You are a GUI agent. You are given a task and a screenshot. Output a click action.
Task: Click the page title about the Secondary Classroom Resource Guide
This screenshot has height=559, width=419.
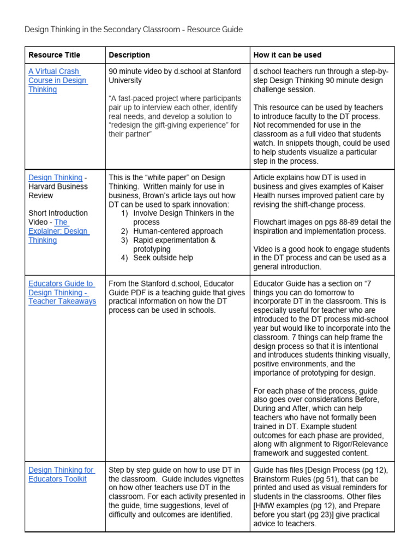(x=134, y=29)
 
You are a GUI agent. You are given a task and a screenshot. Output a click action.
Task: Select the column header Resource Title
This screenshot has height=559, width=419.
(x=54, y=55)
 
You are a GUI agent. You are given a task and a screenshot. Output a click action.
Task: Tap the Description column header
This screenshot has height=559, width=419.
(x=129, y=55)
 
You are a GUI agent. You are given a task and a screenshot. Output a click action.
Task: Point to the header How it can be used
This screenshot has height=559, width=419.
(x=287, y=55)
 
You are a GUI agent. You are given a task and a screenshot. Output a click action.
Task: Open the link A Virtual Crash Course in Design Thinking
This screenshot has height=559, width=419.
(x=57, y=80)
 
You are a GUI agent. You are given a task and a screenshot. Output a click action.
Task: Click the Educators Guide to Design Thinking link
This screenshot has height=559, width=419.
(x=62, y=292)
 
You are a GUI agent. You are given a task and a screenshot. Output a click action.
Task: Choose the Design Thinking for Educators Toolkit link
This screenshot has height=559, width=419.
(x=61, y=474)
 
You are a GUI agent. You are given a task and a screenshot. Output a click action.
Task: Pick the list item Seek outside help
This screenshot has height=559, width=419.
(x=163, y=258)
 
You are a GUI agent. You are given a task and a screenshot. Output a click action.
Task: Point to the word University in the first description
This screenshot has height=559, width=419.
(x=125, y=80)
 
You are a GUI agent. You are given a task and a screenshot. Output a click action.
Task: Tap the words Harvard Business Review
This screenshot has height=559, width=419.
(x=58, y=191)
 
